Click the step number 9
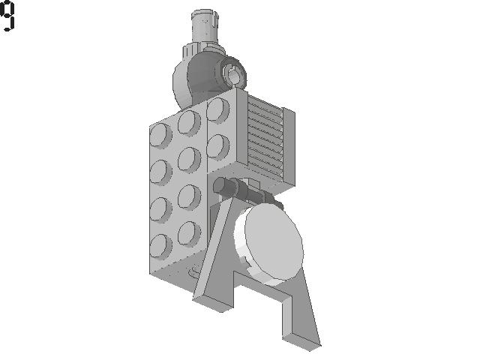7,15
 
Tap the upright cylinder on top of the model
205,28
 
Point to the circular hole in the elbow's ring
234,76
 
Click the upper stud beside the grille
218,110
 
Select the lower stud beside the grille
218,147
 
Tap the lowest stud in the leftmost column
160,247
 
